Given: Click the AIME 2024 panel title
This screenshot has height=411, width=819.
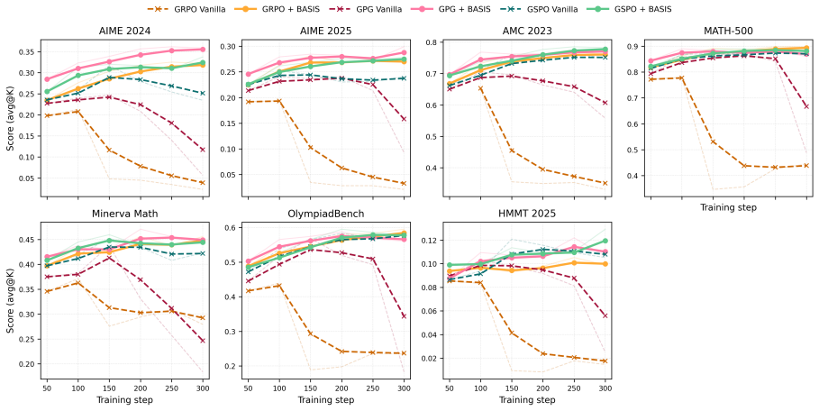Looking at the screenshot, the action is point(125,31).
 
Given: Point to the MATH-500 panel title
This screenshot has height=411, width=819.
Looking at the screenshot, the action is point(728,31).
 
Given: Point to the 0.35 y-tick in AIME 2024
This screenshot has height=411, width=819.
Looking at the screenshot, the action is point(28,51).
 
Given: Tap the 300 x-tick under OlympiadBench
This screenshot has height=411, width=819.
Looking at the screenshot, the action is point(404,389).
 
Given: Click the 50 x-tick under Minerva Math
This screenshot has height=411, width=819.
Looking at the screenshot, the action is point(47,389).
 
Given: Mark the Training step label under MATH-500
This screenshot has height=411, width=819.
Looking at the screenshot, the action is point(728,207).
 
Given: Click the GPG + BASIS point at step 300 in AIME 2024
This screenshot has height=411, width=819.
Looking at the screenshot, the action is point(202,50).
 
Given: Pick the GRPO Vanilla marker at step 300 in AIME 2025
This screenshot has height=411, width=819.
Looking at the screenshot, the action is point(404,183).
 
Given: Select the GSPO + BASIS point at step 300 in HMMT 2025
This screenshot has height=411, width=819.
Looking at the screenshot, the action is point(605,241).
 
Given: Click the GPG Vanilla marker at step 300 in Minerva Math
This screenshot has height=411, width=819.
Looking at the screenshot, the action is point(202,341).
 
